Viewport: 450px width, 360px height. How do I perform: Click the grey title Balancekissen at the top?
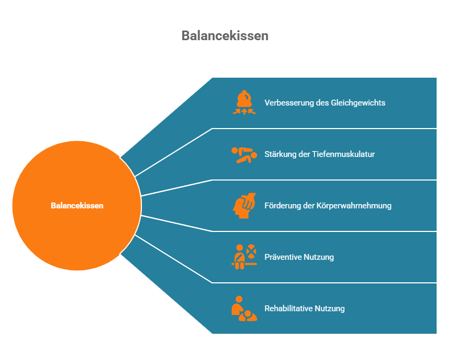[224, 36]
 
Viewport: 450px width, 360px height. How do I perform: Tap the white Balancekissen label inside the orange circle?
[77, 206]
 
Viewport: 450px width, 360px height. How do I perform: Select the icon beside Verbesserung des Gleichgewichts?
[244, 103]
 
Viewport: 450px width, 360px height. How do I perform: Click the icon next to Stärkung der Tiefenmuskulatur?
[244, 154]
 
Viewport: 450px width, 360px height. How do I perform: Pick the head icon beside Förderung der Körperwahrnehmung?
[244, 206]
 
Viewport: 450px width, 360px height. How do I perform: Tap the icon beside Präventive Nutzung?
[244, 257]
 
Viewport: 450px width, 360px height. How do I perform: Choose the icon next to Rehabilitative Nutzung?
[244, 309]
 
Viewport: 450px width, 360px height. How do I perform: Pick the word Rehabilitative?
[289, 309]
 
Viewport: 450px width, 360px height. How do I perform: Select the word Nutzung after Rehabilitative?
[329, 309]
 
